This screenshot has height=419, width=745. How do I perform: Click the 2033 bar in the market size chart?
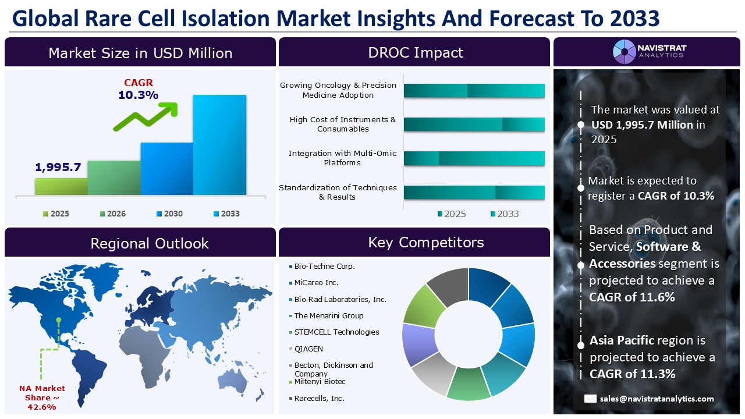pos(219,144)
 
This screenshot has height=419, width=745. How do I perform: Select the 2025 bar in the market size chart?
pos(61,186)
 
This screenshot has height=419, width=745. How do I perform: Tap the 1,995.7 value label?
pos(58,167)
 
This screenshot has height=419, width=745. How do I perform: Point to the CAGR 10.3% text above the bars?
pos(139,89)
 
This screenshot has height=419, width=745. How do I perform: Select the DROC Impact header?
pos(414,52)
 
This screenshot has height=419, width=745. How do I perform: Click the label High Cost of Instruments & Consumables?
pos(343,124)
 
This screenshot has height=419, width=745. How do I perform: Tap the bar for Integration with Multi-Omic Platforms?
pos(474,158)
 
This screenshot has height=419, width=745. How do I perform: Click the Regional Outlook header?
pos(140,243)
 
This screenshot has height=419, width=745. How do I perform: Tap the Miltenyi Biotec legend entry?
pos(319,382)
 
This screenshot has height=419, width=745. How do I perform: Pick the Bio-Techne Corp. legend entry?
pos(324,267)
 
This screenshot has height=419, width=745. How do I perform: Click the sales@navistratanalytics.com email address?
pos(657,399)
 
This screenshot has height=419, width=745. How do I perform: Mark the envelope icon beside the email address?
pos(590,399)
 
